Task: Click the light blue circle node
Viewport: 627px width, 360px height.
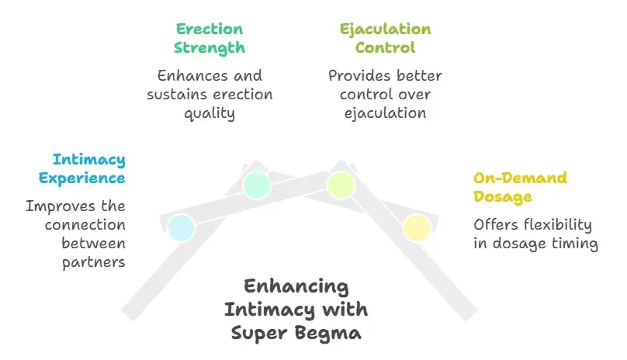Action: pos(181,228)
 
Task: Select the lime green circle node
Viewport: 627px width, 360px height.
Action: pos(341,185)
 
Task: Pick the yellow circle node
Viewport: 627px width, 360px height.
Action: pos(417,227)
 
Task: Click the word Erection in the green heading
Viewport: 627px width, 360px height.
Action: pos(210,29)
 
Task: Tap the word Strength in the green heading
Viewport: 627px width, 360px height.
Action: pos(210,48)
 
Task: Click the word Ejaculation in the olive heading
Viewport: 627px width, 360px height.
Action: pos(386,29)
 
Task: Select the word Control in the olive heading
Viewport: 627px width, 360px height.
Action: pos(386,48)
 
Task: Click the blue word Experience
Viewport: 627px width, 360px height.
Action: pos(81,178)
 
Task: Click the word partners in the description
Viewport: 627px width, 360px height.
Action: pos(94,261)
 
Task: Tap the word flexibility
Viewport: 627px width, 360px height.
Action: pos(555,225)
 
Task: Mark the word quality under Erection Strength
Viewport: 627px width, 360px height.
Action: pos(210,113)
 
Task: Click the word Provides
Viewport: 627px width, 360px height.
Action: pos(361,76)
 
